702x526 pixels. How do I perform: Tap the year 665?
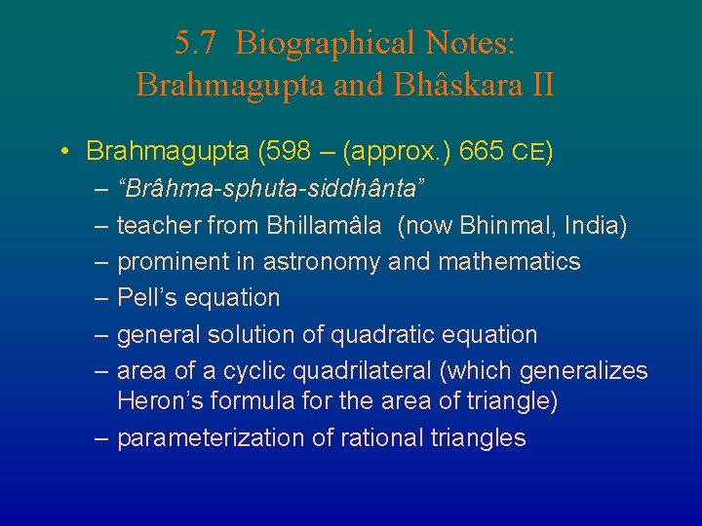point(482,152)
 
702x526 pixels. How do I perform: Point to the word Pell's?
point(144,298)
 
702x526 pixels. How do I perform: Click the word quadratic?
point(385,335)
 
